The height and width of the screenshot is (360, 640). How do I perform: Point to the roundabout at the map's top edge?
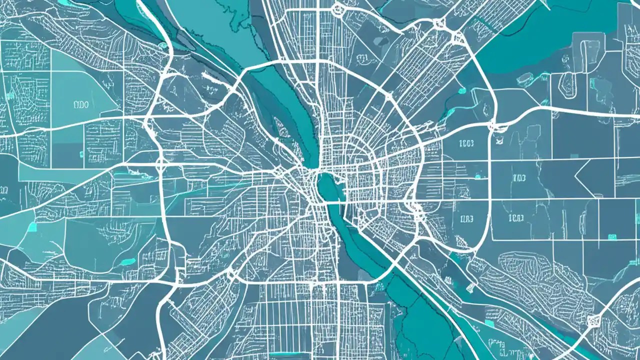[x=337, y=8]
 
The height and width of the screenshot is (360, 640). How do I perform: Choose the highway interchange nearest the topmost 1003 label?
[x=494, y=126]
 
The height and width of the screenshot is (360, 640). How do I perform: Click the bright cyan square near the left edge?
[x=32, y=227]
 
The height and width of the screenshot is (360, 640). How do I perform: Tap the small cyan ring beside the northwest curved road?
[x=162, y=45]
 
